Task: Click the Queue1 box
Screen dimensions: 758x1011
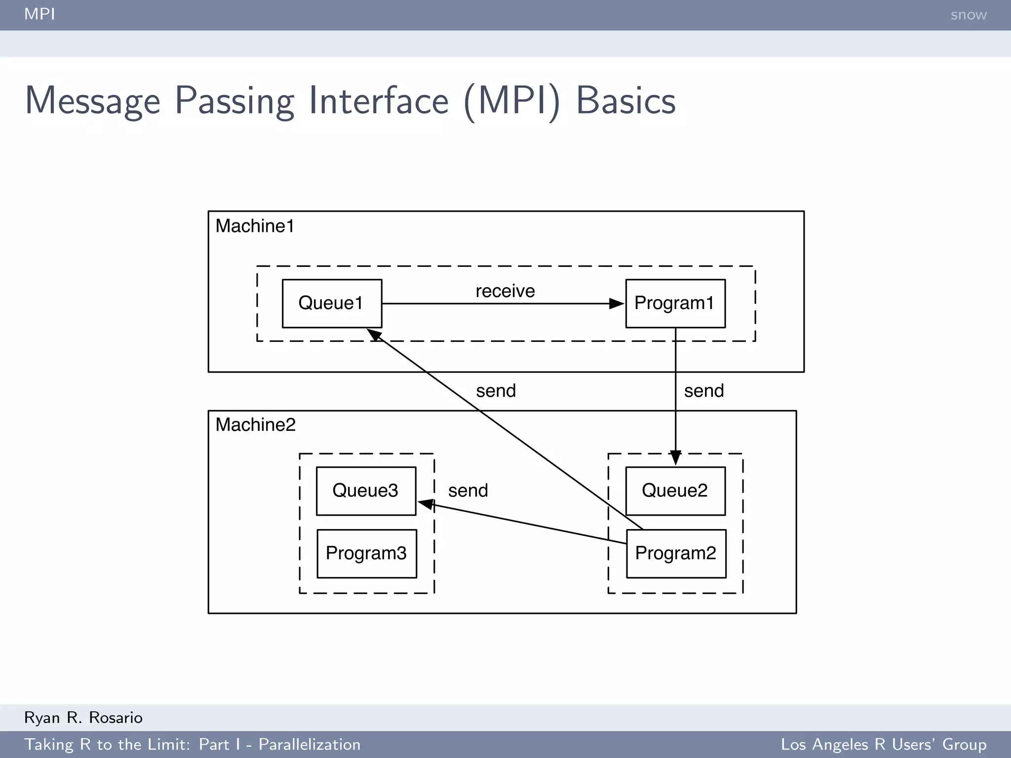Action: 332,303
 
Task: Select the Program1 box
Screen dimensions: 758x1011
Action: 675,303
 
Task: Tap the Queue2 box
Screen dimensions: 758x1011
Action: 675,491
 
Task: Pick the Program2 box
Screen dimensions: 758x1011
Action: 676,553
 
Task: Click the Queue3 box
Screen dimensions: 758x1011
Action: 366,491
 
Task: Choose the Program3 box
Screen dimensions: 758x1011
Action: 366,553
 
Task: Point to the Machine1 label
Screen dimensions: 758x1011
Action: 255,226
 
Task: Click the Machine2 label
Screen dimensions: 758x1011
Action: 255,424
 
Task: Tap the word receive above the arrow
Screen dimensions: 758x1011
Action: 505,291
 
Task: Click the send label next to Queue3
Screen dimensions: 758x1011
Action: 468,491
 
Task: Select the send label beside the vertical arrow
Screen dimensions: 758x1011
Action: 704,391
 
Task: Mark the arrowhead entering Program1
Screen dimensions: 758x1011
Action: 617,303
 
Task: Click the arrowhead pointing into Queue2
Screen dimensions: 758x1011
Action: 675,457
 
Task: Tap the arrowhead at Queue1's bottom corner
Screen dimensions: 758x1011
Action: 374,335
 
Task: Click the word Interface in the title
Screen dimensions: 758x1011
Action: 379,101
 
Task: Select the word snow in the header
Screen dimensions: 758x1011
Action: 969,15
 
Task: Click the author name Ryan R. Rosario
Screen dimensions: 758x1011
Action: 83,718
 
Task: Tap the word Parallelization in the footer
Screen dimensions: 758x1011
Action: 310,744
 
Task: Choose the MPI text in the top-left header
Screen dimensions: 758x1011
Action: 39,14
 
